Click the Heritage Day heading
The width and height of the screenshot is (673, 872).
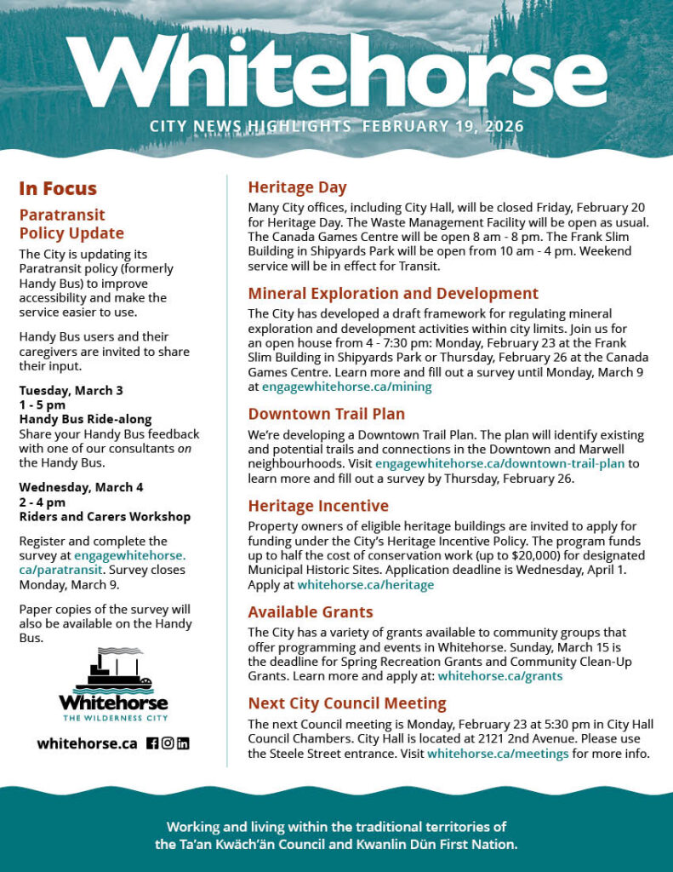click(x=297, y=187)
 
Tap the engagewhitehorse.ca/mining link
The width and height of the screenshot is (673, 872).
click(x=346, y=387)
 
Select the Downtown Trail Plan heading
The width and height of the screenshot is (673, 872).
click(x=326, y=414)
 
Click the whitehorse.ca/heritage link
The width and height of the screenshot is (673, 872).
click(x=365, y=584)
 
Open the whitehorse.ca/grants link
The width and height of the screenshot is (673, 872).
click(x=499, y=676)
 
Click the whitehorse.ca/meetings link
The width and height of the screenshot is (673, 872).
click(x=498, y=754)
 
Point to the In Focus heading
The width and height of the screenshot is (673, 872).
click(x=58, y=189)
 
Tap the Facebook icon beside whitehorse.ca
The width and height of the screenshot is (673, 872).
click(x=152, y=743)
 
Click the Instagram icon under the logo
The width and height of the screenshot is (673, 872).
click(x=168, y=743)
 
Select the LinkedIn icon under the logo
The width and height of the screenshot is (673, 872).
click(x=183, y=743)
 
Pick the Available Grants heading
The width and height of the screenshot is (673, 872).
click(x=311, y=611)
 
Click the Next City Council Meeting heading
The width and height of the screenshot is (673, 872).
click(x=347, y=703)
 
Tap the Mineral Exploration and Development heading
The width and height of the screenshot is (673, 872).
click(x=393, y=294)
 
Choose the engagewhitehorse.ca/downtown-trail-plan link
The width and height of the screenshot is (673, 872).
click(x=499, y=464)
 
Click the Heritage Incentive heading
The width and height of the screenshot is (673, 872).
click(x=318, y=506)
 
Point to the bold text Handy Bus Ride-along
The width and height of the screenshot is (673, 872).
click(x=85, y=419)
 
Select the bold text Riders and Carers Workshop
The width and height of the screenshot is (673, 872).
click(x=105, y=517)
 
